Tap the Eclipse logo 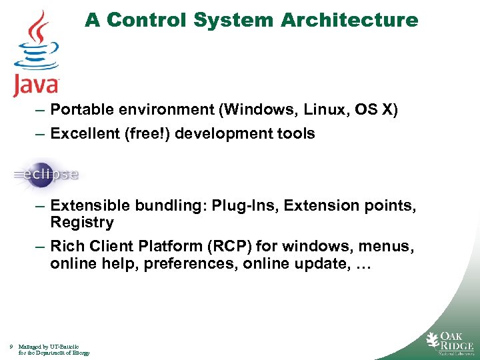45,175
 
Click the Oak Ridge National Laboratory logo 450,341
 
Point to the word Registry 82,222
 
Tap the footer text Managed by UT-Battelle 50,347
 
